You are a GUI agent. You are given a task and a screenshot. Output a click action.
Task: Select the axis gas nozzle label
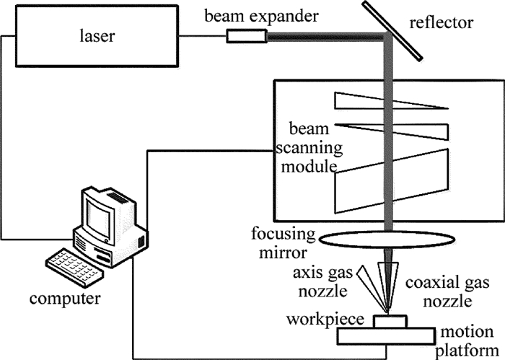(x=328, y=281)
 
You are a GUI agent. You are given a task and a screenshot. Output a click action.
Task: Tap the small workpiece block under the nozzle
(x=390, y=321)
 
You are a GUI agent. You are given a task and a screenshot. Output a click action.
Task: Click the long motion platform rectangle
(x=390, y=335)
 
